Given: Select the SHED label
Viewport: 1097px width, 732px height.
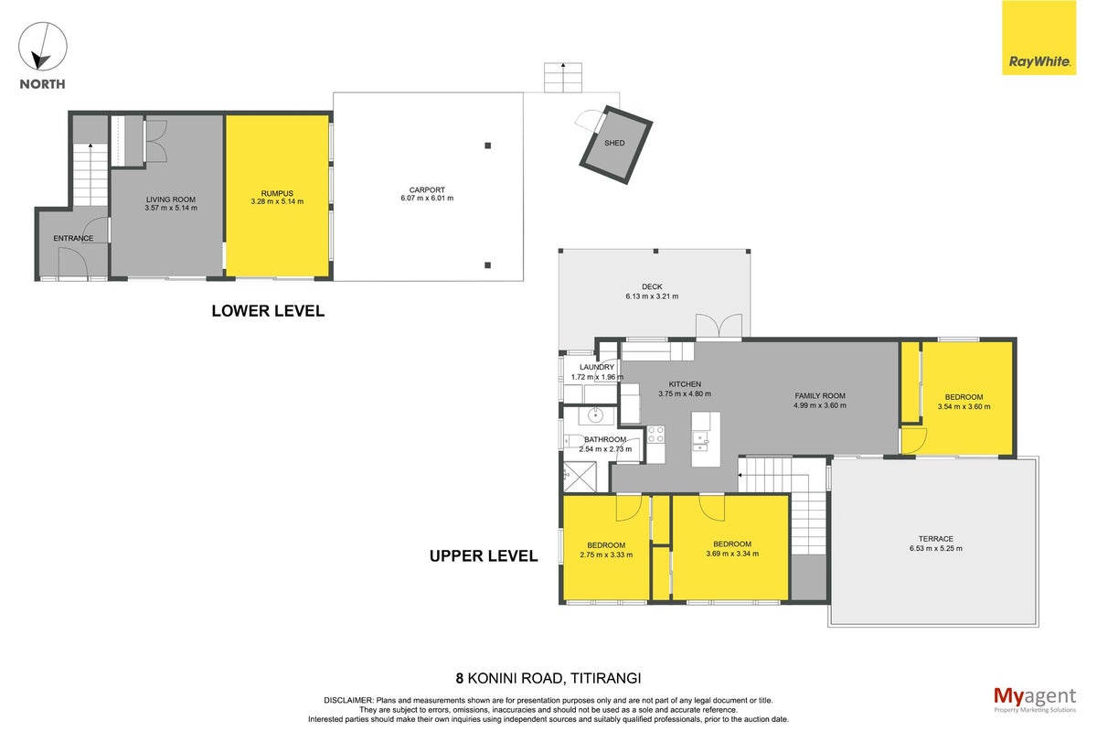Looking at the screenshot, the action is [614, 143].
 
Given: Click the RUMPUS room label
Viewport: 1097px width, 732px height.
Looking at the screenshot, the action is [277, 194].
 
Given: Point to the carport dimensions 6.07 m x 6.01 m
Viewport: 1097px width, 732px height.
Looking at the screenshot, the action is [427, 199].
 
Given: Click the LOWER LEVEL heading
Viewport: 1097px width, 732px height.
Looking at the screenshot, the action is [268, 311].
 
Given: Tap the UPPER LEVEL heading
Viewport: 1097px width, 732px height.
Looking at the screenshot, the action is [484, 556].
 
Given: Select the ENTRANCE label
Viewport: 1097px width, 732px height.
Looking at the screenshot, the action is [73, 238].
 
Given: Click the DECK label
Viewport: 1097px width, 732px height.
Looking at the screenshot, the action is [652, 286].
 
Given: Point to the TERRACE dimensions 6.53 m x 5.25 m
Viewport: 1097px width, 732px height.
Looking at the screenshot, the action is [936, 549].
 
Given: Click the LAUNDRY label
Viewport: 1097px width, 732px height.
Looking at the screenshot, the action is [596, 367].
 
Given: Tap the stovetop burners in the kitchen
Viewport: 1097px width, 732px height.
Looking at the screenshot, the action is [655, 435].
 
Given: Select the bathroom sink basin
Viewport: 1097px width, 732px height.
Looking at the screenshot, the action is [595, 415].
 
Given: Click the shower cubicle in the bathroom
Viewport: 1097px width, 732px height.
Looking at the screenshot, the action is [580, 477].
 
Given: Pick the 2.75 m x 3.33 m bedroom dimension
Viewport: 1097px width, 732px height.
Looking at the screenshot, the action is [606, 555].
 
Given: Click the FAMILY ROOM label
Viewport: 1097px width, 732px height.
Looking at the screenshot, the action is [820, 395].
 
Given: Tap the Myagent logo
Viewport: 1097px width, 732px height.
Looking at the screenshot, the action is [1035, 700].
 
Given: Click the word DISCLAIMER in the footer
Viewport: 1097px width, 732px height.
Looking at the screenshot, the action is [348, 701].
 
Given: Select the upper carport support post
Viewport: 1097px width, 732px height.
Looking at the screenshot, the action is [488, 145].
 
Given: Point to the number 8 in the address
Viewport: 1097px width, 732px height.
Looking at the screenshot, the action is [459, 679].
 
